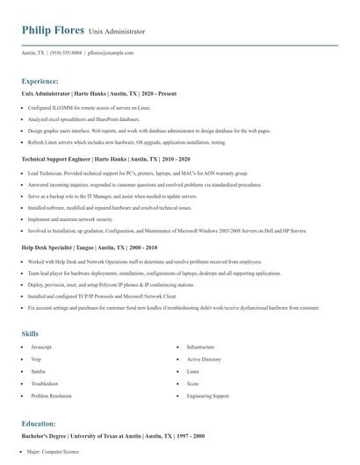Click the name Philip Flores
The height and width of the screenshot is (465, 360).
coord(52,31)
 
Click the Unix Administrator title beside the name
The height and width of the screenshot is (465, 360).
coord(117,32)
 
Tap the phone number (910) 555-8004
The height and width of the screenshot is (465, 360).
coord(66,54)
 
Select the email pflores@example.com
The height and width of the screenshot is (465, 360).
coord(111,54)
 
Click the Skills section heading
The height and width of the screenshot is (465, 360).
coord(30,333)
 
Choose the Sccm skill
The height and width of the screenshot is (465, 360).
coord(193,384)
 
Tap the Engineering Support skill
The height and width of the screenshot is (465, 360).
coord(207,397)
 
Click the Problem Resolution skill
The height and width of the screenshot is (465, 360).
coord(51,397)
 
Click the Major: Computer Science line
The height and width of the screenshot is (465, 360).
coord(53,452)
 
